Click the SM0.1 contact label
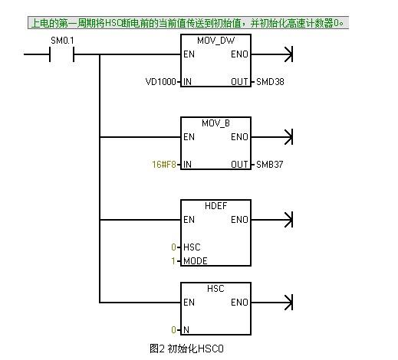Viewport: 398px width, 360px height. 62,41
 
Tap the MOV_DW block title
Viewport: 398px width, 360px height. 215,41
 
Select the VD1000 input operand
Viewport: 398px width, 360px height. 160,82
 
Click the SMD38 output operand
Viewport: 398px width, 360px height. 270,82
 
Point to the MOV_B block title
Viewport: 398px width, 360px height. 215,123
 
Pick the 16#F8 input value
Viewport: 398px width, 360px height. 164,164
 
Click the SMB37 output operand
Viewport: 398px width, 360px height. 269,164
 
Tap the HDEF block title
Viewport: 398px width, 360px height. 215,206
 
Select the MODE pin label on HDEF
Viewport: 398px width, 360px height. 196,261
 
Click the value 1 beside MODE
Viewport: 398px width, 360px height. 173,261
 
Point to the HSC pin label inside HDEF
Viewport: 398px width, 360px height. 192,247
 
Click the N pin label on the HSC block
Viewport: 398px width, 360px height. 186,330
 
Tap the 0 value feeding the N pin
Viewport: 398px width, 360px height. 173,330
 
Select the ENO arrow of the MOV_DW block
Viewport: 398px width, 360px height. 271,54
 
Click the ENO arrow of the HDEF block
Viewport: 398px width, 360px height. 271,220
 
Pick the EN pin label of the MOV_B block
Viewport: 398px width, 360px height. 189,137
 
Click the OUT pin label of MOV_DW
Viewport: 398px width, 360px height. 239,82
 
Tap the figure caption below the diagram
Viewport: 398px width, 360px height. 186,349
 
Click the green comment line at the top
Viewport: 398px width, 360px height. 188,23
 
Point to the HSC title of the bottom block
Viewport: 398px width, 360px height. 215,289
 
